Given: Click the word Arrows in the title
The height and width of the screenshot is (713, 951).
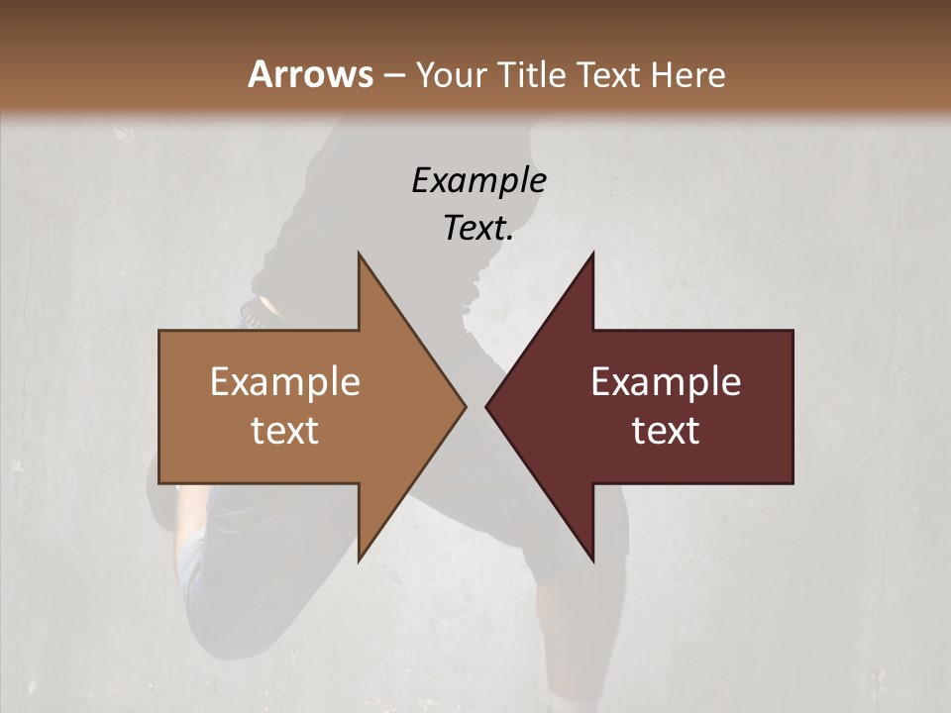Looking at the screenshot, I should [310, 74].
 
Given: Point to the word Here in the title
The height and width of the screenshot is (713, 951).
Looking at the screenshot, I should [688, 75].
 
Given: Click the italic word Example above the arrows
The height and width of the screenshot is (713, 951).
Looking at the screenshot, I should [478, 180].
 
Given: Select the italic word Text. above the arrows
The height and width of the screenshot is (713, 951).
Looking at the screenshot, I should [476, 228].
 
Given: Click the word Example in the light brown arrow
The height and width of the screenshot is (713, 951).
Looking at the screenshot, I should [285, 382].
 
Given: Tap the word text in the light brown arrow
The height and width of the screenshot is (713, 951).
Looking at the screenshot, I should [285, 431].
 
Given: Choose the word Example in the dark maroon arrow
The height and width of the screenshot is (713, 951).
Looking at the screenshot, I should [666, 382].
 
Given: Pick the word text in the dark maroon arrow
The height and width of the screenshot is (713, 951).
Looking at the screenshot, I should [666, 431].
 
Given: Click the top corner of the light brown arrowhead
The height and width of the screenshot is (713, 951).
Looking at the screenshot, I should [359, 255].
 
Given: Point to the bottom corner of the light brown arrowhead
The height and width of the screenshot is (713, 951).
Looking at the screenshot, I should [359, 560].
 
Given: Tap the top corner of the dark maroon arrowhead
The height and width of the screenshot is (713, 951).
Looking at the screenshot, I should [592, 255].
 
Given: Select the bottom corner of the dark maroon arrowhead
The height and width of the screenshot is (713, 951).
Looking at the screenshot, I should [592, 560].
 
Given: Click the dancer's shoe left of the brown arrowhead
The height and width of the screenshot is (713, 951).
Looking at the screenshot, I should [256, 312].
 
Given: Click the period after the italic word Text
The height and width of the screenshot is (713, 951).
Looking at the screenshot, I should [510, 238].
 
